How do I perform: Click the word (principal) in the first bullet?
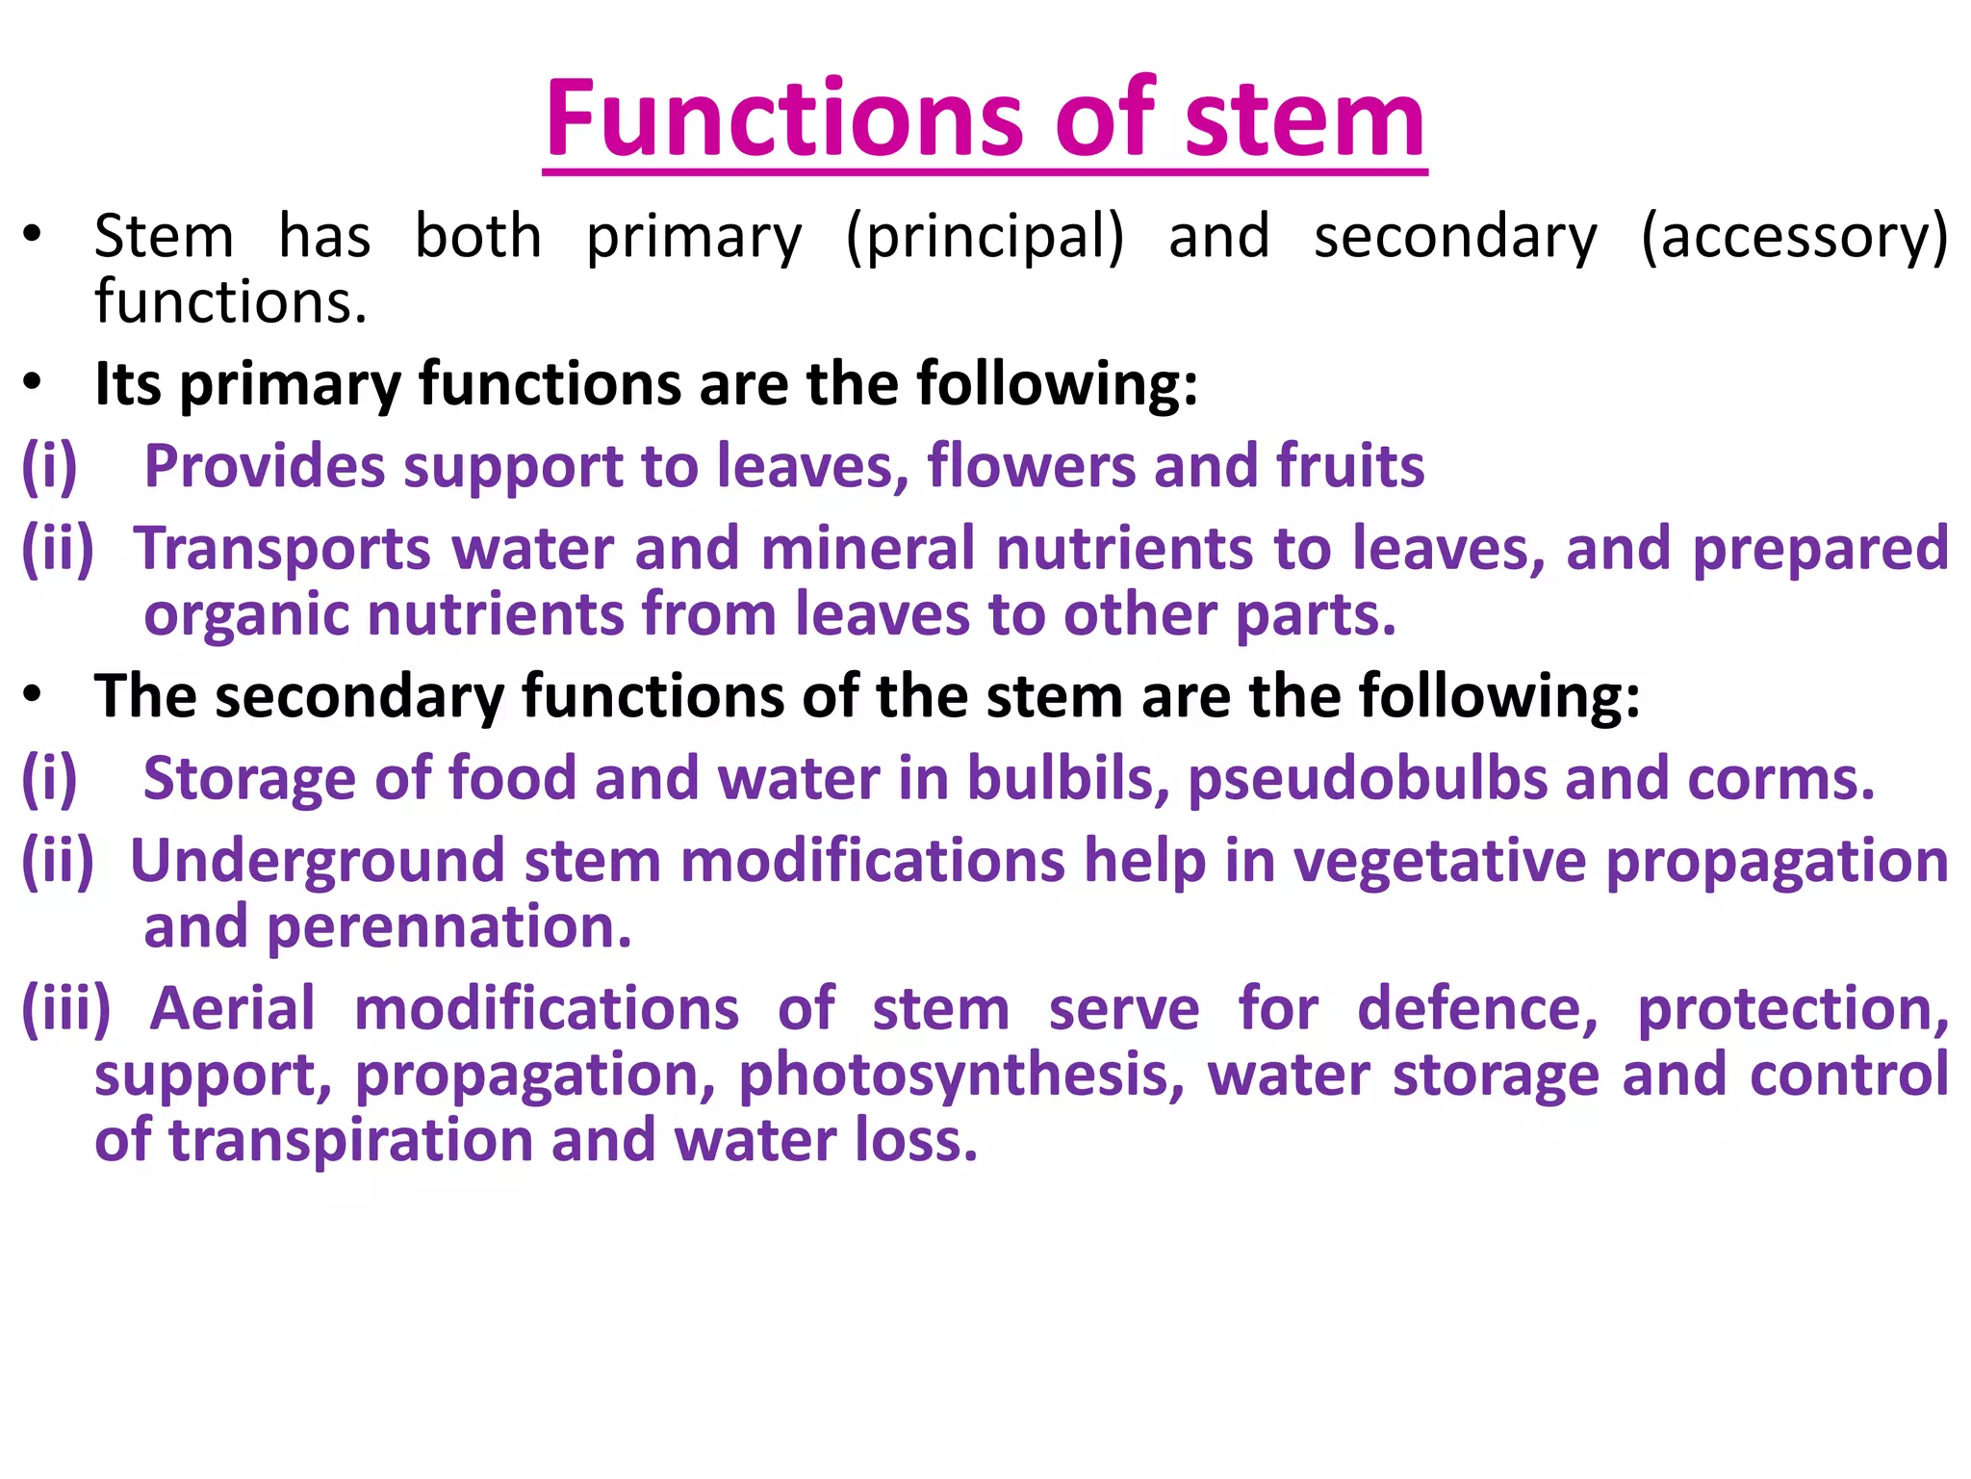[x=985, y=237]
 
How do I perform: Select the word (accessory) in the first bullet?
[x=1794, y=237]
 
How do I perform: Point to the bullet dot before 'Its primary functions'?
[x=33, y=382]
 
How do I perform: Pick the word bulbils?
[x=1067, y=778]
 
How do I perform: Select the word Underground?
[x=317, y=861]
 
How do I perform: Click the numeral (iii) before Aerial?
[x=66, y=1009]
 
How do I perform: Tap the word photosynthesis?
[x=961, y=1075]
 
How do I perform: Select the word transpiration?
[x=350, y=1140]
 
